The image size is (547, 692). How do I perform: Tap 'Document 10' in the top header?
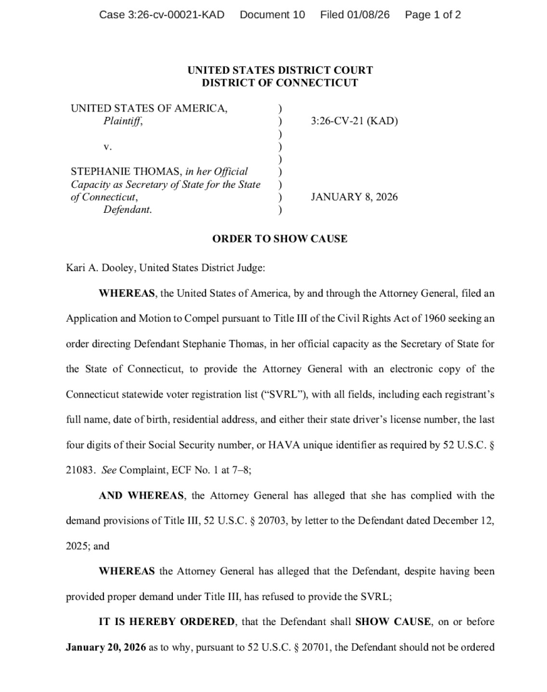(x=272, y=14)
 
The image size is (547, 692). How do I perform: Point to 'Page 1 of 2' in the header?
(x=433, y=14)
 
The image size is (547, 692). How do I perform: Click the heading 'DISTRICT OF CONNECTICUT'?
(x=280, y=83)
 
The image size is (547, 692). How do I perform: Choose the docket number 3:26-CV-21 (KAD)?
(x=354, y=122)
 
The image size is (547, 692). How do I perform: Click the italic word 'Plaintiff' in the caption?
(x=122, y=122)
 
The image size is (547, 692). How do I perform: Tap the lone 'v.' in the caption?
(x=107, y=146)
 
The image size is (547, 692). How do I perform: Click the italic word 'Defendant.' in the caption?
(x=127, y=209)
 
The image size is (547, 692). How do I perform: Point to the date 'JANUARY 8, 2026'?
(x=354, y=197)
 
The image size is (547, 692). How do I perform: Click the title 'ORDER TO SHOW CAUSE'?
(x=280, y=239)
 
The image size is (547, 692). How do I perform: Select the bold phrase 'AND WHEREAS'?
(x=141, y=495)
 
